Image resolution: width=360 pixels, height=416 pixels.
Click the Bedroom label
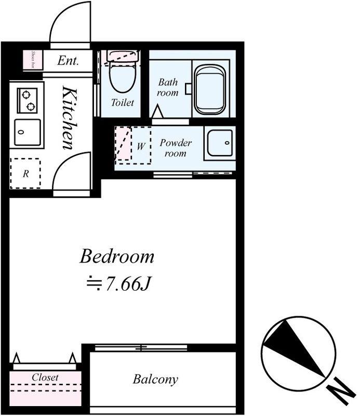pyautogui.click(x=117, y=256)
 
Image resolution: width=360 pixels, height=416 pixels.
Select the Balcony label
pyautogui.click(x=155, y=380)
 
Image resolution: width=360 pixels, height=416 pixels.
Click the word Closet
pyautogui.click(x=45, y=377)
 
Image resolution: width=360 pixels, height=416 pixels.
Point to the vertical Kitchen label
pyautogui.click(x=70, y=118)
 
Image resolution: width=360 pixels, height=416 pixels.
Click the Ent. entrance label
pyautogui.click(x=68, y=61)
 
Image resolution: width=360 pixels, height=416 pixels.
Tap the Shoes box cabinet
pyautogui.click(x=33, y=60)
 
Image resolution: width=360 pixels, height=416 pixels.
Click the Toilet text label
pyautogui.click(x=122, y=102)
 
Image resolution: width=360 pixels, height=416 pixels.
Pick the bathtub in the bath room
pyautogui.click(x=209, y=89)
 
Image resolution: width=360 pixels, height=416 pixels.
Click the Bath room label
pyautogui.click(x=168, y=87)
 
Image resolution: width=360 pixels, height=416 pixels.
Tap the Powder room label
pyautogui.click(x=176, y=148)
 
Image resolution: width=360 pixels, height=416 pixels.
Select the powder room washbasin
pyautogui.click(x=220, y=143)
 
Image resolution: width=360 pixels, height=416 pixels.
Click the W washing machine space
pyautogui.click(x=141, y=146)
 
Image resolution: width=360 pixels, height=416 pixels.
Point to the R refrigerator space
pyautogui.click(x=25, y=174)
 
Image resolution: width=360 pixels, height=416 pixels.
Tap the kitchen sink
pyautogui.click(x=28, y=133)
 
